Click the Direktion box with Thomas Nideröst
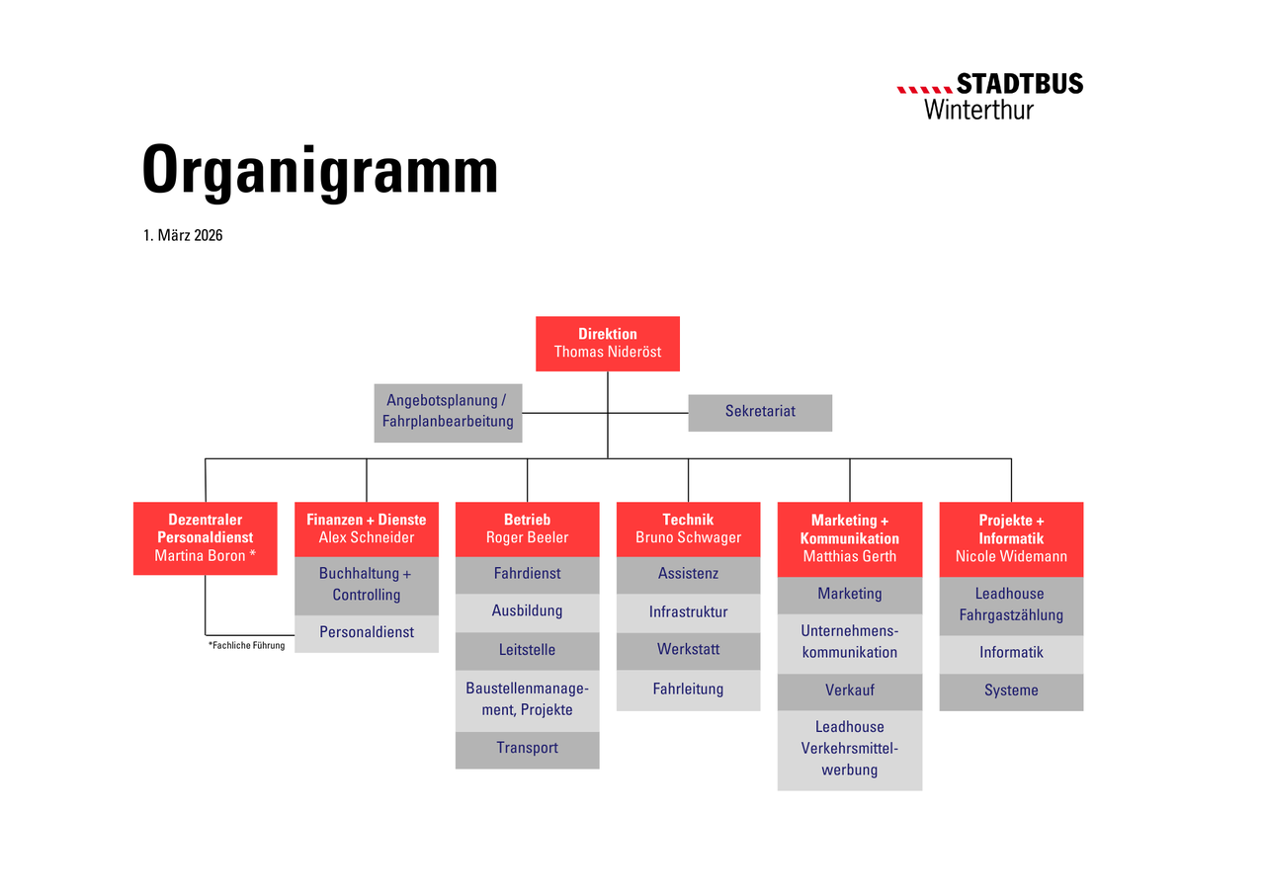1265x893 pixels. pos(608,344)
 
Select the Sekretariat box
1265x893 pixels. pos(760,413)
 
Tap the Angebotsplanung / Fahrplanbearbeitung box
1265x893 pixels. pos(448,413)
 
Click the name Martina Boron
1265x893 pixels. pos(200,556)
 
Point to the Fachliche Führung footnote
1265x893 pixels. pos(247,645)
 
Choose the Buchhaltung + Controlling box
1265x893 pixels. pos(367,586)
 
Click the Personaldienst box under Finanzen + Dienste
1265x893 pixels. pos(367,634)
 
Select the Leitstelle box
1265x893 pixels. pos(528,651)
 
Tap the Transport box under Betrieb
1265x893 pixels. pos(528,750)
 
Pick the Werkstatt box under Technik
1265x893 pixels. pos(689,651)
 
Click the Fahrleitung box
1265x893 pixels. pos(689,690)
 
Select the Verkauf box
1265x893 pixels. pos(850,692)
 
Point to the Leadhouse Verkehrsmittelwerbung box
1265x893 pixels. pos(850,750)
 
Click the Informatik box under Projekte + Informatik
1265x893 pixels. pos(1011,655)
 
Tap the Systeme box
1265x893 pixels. pos(1011,692)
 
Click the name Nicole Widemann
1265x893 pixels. pos(1011,556)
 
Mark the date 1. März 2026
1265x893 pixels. pos(183,235)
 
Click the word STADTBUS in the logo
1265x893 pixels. pos(1020,84)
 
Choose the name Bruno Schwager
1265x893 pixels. pos(689,537)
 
